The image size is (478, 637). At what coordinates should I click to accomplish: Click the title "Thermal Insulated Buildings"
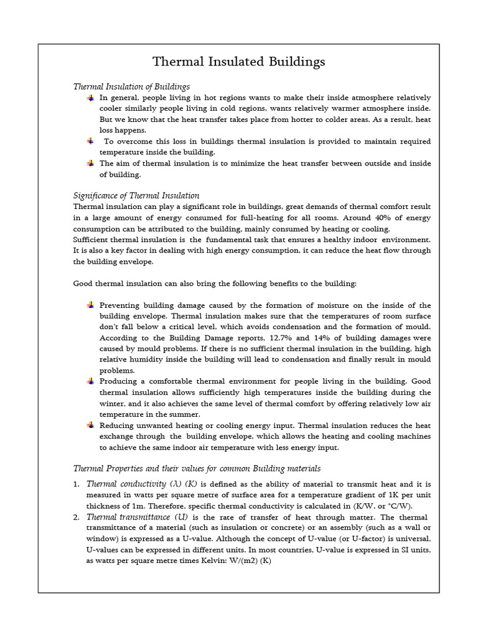tap(239, 62)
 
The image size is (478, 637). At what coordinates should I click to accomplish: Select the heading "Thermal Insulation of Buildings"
tap(131, 86)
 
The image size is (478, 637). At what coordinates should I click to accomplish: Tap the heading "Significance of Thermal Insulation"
tap(136, 195)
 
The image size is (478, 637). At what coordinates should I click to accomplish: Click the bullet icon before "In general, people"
tap(90, 98)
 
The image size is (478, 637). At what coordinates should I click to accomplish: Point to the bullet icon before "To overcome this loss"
tap(90, 141)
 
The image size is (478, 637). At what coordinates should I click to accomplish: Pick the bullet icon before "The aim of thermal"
tap(90, 163)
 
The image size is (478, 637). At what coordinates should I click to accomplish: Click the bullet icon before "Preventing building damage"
tap(90, 305)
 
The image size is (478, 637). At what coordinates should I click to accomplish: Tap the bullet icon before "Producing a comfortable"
tap(90, 381)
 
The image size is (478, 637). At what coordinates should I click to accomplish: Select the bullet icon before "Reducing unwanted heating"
tap(90, 425)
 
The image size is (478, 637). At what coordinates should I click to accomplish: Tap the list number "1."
tap(77, 483)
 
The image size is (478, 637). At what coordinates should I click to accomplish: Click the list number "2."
tap(77, 517)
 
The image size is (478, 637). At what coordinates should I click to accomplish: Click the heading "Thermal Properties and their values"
tap(197, 468)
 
